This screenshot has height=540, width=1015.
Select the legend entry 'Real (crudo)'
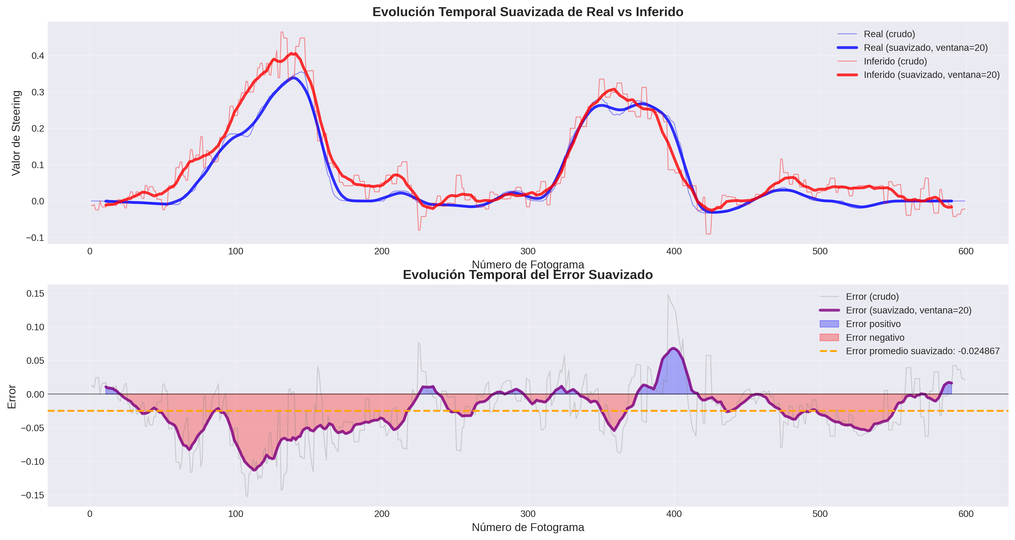(x=889, y=34)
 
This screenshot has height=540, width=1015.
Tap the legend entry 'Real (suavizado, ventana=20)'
(x=925, y=48)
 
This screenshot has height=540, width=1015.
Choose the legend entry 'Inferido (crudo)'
(x=895, y=61)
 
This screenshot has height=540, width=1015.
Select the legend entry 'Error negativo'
(x=875, y=337)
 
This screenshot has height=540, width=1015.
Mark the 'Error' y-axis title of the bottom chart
(x=12, y=396)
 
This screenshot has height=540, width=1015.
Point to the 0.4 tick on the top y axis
(x=38, y=56)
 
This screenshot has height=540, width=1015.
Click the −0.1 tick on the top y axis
(x=35, y=238)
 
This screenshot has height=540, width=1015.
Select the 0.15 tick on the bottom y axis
(x=35, y=294)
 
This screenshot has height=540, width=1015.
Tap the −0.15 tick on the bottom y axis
(x=32, y=495)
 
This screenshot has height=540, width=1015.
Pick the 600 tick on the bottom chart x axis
(x=966, y=514)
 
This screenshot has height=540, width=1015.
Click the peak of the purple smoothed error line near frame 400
(x=674, y=348)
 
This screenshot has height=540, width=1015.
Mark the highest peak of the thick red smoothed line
(x=292, y=53)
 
